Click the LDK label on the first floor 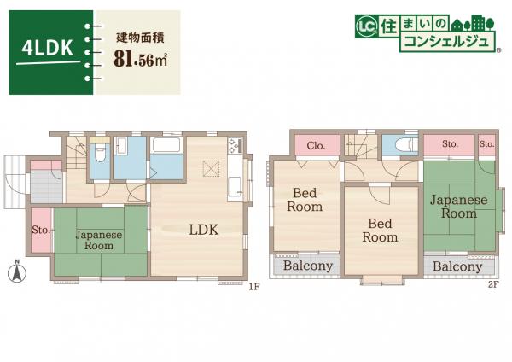(x=204, y=230)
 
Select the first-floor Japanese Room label (x=99, y=240)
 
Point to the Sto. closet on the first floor (x=40, y=230)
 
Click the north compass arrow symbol (x=15, y=272)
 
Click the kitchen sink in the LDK (x=234, y=186)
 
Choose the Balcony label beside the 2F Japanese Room (x=457, y=266)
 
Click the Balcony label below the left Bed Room (x=307, y=266)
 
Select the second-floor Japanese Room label (x=458, y=207)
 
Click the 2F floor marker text (x=492, y=286)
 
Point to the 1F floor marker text (x=253, y=286)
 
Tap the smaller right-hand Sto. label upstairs (x=487, y=144)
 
